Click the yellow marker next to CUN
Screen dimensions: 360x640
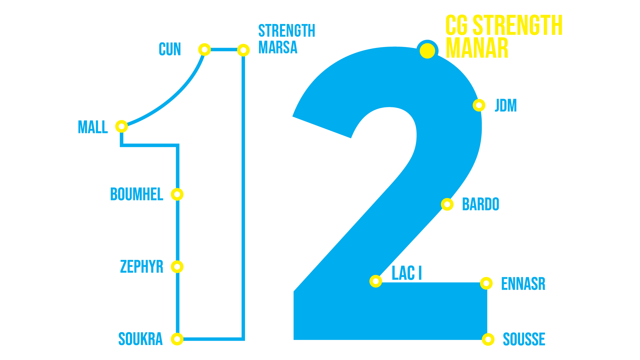[204, 50]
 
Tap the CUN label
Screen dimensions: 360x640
[170, 49]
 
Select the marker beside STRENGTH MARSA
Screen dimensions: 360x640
[243, 50]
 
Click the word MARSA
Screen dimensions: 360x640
[278, 47]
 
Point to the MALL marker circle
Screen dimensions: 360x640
[121, 126]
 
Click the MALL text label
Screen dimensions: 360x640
[93, 127]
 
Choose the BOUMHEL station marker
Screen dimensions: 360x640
[177, 194]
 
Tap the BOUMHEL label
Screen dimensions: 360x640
[137, 194]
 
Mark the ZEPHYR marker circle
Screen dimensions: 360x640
[177, 266]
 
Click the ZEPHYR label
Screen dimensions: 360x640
[142, 266]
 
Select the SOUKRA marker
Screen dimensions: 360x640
[177, 339]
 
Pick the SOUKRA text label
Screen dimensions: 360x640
[140, 339]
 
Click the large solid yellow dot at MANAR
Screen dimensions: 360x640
[427, 51]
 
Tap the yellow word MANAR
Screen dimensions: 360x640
[477, 48]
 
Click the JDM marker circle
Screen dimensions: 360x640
[479, 105]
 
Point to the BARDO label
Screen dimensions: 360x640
[480, 204]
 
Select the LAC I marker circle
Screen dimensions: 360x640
[376, 281]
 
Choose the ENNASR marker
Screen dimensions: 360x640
[486, 283]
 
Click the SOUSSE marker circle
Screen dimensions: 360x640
[488, 339]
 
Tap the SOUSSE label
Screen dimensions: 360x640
[524, 339]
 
